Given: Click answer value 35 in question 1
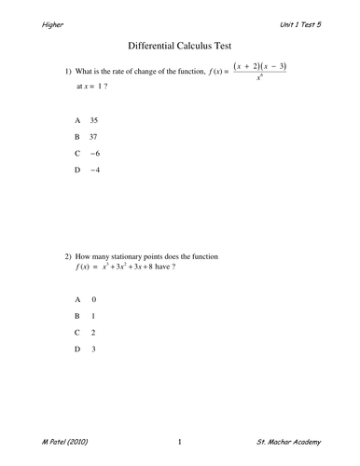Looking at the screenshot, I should tap(94, 121).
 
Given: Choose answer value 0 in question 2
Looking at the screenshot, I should tap(94, 299).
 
